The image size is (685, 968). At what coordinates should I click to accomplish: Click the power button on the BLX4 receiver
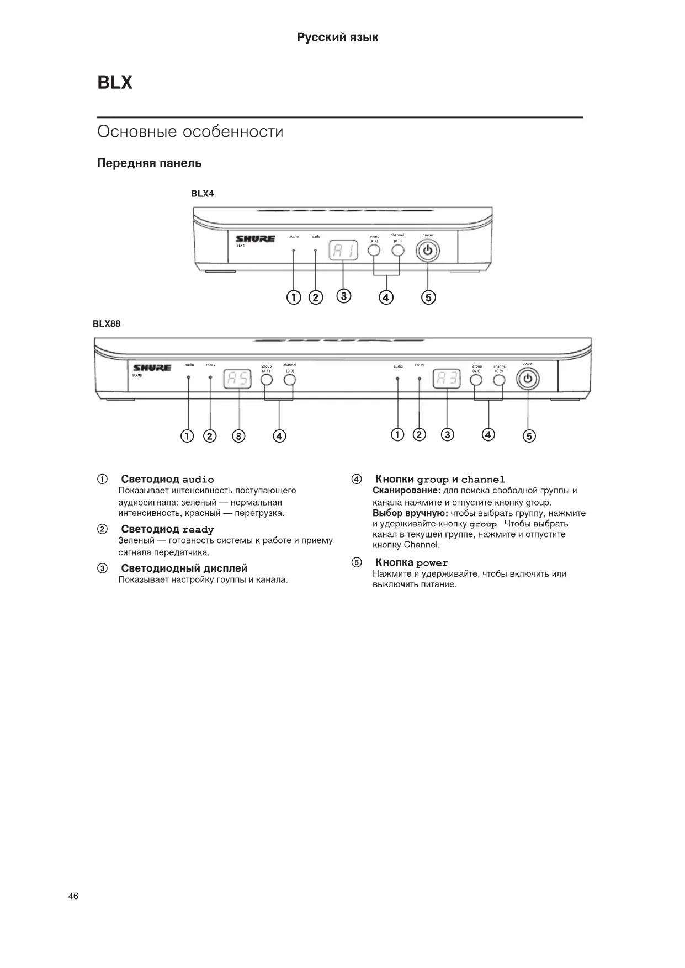[x=429, y=252]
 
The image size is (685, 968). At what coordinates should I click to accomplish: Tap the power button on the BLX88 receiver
[x=528, y=379]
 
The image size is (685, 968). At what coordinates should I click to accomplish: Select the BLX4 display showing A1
[x=343, y=252]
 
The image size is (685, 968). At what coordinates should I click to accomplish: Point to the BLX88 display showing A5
[x=237, y=379]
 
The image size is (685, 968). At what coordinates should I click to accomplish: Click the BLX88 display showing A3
[x=447, y=379]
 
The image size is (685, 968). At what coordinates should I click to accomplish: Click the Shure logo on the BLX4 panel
[x=255, y=239]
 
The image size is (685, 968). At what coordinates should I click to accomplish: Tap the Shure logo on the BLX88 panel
[x=152, y=368]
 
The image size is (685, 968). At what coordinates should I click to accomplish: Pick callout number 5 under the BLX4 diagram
[x=428, y=297]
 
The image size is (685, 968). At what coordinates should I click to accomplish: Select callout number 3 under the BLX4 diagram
[x=343, y=296]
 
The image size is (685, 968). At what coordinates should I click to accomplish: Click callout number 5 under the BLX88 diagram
[x=529, y=437]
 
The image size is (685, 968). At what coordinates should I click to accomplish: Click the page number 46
[x=73, y=896]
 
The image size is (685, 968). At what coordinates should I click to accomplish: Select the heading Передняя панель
[x=150, y=163]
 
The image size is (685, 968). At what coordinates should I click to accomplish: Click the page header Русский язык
[x=338, y=38]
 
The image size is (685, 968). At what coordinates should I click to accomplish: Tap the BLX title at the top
[x=115, y=83]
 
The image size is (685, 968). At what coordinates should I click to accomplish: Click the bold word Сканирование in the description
[x=406, y=491]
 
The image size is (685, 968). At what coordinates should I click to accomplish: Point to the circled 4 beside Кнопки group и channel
[x=357, y=479]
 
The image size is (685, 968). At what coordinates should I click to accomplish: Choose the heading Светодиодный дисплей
[x=184, y=568]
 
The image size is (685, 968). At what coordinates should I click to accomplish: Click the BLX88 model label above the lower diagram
[x=107, y=324]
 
